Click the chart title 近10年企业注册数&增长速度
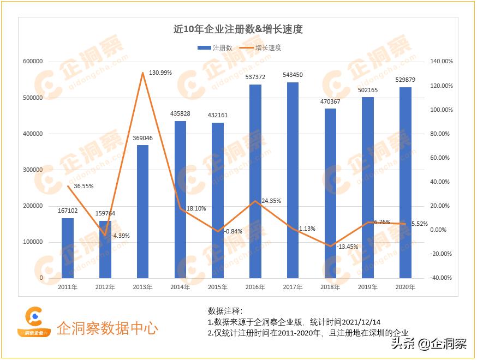(x=238, y=29)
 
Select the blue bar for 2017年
(x=293, y=180)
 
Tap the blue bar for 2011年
(x=67, y=248)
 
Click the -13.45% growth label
(x=348, y=247)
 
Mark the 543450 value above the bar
(x=293, y=75)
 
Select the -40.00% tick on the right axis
(x=440, y=278)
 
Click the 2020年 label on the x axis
(x=405, y=287)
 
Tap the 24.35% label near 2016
(x=271, y=201)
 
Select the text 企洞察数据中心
(x=108, y=328)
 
